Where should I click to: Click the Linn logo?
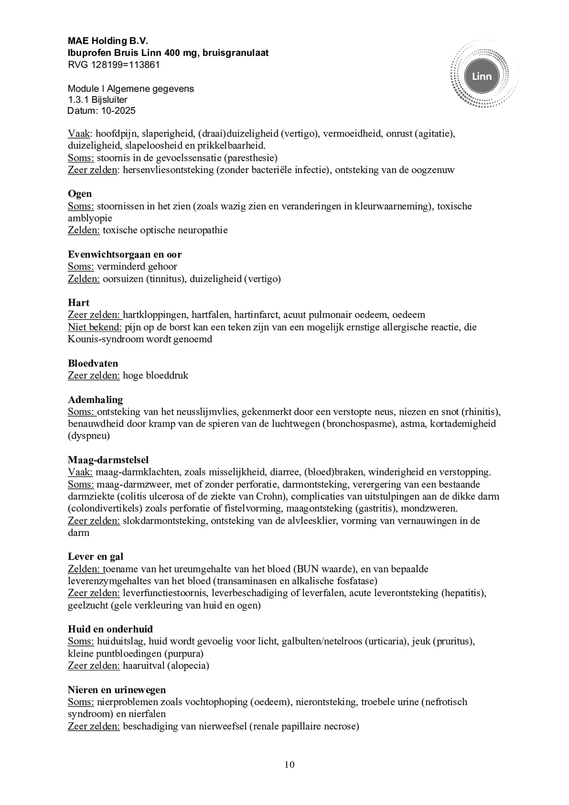point(481,77)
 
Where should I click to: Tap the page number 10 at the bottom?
point(289,764)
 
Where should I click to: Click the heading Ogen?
point(80,194)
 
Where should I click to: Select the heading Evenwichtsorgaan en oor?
point(125,254)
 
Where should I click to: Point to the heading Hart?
point(78,303)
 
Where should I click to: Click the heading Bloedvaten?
point(93,363)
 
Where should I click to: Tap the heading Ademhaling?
point(95,399)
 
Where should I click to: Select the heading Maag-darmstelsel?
point(108,460)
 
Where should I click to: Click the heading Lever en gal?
point(96,557)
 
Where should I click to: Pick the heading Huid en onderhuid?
point(110,629)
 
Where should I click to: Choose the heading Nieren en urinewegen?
point(117,690)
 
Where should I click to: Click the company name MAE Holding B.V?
point(108,41)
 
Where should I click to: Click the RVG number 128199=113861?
point(125,65)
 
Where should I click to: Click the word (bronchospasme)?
point(358,424)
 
